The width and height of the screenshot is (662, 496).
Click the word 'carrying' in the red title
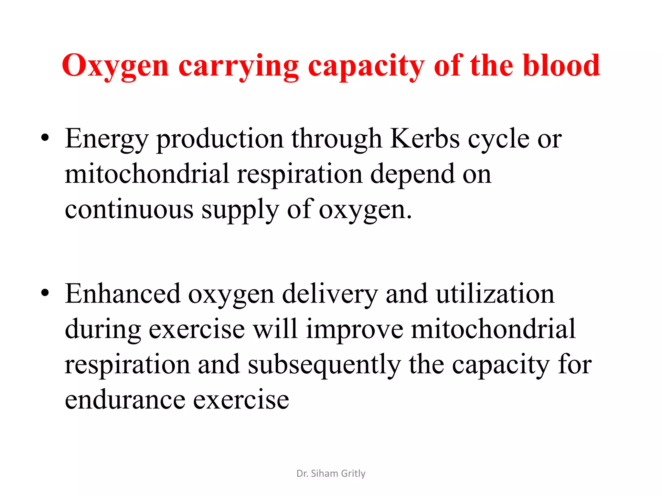(238, 66)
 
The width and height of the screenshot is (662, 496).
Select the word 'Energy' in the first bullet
(106, 139)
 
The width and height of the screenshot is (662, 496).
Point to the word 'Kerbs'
(425, 139)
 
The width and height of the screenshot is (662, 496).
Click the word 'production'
(220, 139)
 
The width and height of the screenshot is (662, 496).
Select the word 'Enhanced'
(123, 294)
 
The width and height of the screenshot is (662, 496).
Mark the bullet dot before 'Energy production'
(45, 138)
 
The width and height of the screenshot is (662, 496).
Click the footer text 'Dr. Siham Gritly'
(331, 473)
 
